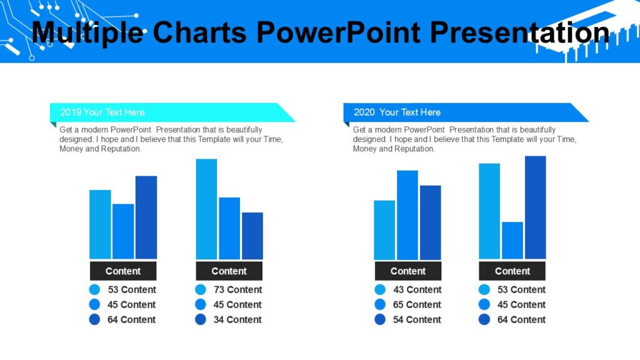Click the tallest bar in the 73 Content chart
click(206, 209)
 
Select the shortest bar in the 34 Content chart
click(252, 236)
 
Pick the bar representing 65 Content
click(407, 215)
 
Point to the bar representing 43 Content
click(384, 229)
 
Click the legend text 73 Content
click(237, 289)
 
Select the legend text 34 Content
click(237, 319)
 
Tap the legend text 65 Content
click(417, 304)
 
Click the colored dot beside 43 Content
click(380, 289)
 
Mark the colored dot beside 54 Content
click(380, 319)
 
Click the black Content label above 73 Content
click(229, 271)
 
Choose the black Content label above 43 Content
click(407, 271)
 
